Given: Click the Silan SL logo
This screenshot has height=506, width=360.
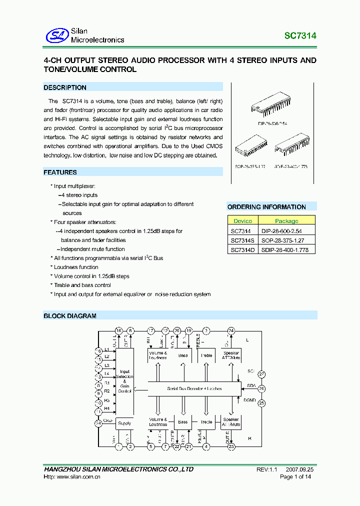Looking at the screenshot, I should [x=56, y=35].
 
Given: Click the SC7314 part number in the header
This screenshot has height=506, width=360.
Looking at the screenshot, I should [x=300, y=36].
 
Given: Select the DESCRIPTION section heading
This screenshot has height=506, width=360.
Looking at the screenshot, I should [x=65, y=87].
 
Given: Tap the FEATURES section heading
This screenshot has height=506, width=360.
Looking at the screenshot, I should [x=60, y=172].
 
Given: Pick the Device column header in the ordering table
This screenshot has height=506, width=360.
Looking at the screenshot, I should [x=242, y=220].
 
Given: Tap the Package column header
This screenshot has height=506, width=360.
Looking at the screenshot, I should [x=286, y=220].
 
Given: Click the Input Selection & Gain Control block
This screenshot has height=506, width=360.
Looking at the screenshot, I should [x=124, y=381].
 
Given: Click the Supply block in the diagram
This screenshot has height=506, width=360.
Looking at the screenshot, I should [x=124, y=423].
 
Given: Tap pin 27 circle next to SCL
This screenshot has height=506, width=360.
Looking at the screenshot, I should [x=261, y=374].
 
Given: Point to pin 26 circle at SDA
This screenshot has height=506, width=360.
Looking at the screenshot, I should [x=261, y=388].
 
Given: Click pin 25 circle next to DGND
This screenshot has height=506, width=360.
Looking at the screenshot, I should [x=261, y=402].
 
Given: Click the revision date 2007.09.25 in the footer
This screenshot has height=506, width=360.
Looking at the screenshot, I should [x=300, y=470].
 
